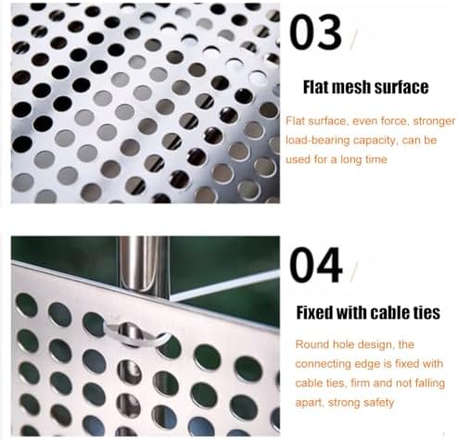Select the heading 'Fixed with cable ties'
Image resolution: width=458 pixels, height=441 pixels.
click(367, 312)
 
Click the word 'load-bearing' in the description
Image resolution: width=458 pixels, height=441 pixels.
click(319, 142)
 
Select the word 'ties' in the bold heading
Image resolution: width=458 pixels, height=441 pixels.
click(422, 312)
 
